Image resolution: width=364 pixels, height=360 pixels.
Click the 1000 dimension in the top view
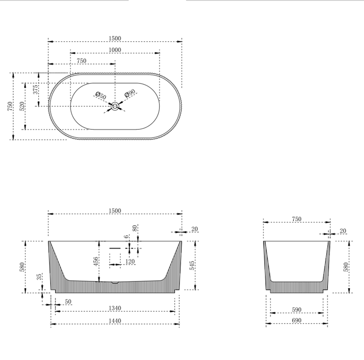(115, 50)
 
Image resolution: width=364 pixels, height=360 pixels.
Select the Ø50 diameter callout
(101, 96)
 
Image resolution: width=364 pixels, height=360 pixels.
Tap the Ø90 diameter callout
(130, 93)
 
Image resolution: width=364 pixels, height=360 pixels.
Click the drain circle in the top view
(115, 106)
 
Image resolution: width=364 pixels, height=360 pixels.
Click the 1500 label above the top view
(115, 39)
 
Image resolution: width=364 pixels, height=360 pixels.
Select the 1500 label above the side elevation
(115, 210)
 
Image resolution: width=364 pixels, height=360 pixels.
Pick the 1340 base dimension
(115, 309)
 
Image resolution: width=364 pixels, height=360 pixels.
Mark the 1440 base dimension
(115, 321)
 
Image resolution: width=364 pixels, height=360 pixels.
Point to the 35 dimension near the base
(40, 276)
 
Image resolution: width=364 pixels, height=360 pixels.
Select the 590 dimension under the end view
(297, 310)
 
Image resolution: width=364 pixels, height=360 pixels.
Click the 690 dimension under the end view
(297, 321)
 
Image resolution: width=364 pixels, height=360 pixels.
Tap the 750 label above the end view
(297, 219)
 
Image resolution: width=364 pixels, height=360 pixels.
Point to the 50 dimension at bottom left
(68, 302)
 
